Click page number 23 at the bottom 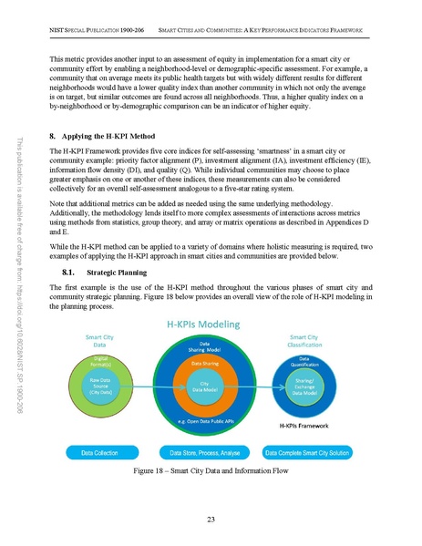coord(211,520)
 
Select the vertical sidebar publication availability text coord(20,273)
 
